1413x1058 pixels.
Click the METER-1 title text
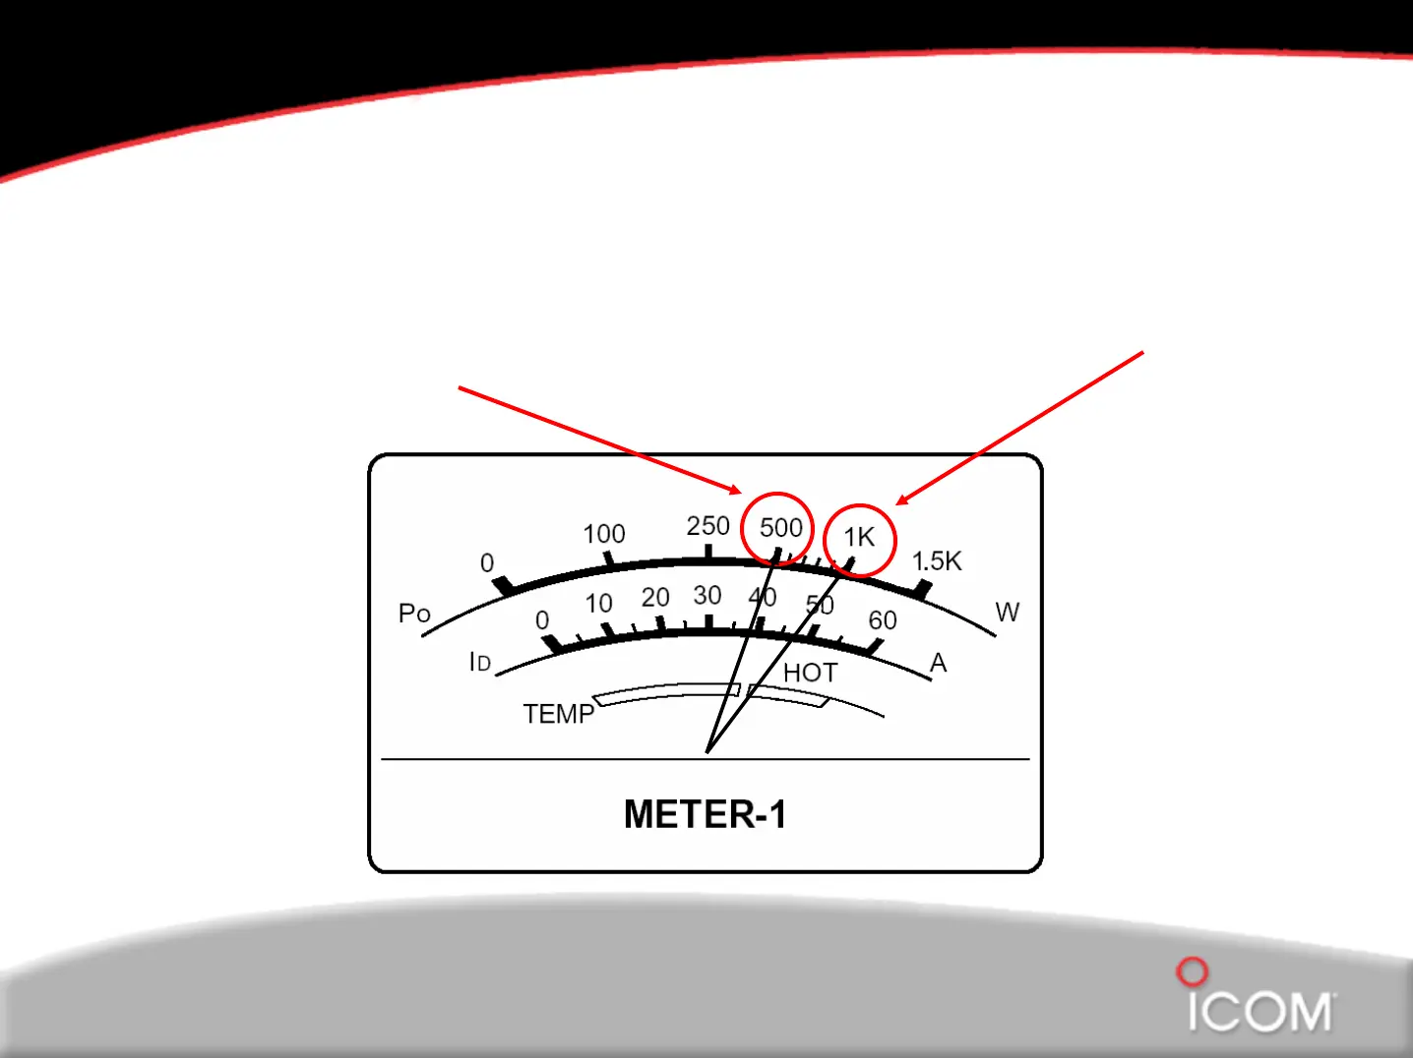tap(705, 814)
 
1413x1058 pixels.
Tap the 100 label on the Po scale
tap(603, 534)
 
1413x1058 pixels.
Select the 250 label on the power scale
tap(707, 526)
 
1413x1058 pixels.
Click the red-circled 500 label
tap(780, 528)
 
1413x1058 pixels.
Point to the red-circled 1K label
tap(859, 537)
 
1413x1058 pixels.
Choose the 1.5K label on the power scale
tap(936, 561)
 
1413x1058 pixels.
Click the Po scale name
tap(414, 614)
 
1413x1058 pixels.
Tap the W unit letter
tap(1007, 612)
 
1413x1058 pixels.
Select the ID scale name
tap(479, 662)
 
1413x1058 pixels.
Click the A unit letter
tap(938, 663)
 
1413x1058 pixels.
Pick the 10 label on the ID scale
tap(598, 603)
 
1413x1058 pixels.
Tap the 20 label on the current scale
tap(654, 597)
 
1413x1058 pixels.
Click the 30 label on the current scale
tap(706, 595)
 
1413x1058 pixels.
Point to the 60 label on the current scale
tap(882, 620)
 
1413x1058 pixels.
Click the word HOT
tap(810, 673)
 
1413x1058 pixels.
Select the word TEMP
tap(558, 713)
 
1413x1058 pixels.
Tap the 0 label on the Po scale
tap(487, 562)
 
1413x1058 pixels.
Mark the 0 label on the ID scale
tap(542, 620)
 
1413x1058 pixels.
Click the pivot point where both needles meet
tap(706, 752)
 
